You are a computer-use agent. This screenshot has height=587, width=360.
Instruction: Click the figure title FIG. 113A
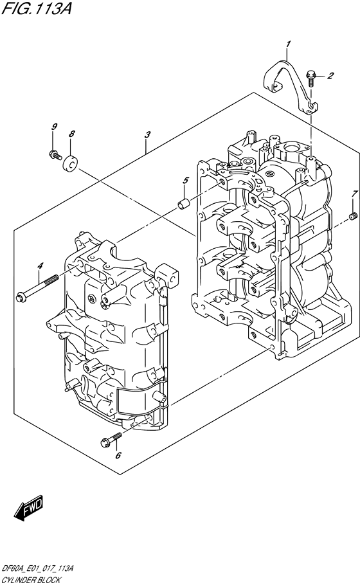click(36, 8)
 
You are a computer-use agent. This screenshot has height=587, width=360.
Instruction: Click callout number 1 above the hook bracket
click(288, 45)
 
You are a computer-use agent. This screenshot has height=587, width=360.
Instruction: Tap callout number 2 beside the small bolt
click(330, 76)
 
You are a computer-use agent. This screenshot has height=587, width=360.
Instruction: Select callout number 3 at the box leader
click(148, 134)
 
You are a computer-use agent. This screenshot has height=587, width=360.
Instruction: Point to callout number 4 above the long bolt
click(40, 266)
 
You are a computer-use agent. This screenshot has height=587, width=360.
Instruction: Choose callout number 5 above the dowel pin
click(185, 181)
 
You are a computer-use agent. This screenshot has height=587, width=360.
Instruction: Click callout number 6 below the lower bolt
click(118, 455)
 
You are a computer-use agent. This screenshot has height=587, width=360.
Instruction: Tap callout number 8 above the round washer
click(72, 134)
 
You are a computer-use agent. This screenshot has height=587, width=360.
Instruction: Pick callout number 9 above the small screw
click(54, 127)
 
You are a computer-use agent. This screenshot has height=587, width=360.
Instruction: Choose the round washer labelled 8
click(70, 163)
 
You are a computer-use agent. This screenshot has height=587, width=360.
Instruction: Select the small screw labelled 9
click(55, 154)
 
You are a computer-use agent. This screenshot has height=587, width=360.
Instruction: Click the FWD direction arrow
click(29, 508)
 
